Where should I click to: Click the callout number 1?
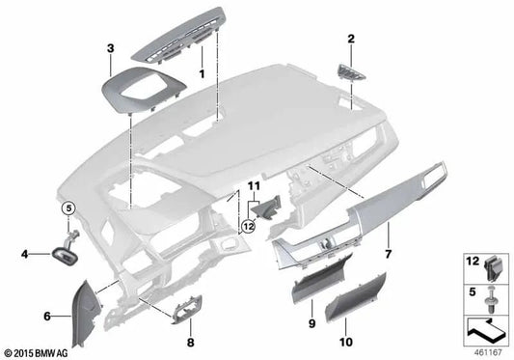coord(201,74)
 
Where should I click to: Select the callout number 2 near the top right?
coord(351,40)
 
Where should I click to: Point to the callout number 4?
coord(25,255)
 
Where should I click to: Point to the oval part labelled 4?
coord(66,255)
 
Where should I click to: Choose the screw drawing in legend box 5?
coord(488,296)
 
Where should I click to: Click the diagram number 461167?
coord(490,350)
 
